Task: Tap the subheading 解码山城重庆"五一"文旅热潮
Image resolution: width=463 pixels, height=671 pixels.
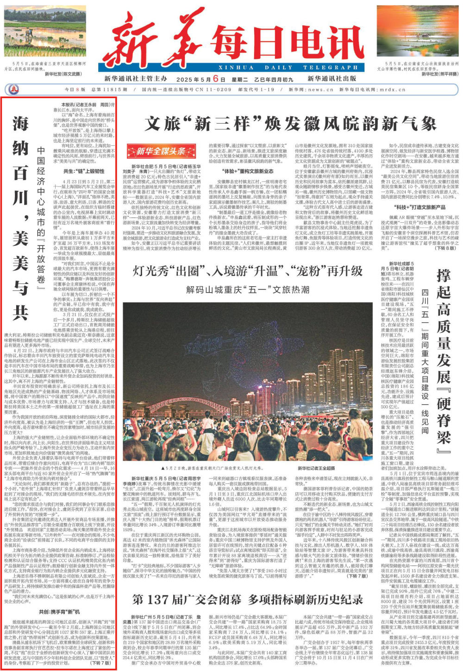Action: coord(247,290)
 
